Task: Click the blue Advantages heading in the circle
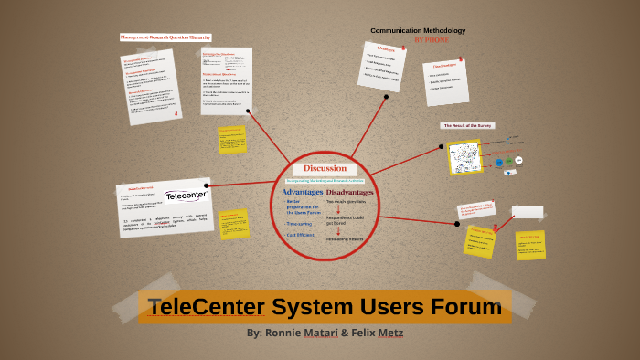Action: tap(302, 193)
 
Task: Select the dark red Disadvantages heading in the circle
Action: tap(349, 193)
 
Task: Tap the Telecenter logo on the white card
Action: tap(186, 196)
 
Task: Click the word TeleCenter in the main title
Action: tap(207, 306)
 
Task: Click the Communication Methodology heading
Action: tap(418, 31)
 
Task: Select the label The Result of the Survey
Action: tap(468, 125)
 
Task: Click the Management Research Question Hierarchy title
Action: tap(165, 37)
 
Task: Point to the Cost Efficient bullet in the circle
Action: tap(302, 235)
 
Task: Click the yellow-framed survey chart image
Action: tap(464, 157)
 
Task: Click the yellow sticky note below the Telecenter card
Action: tap(233, 222)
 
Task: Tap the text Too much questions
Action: tap(349, 203)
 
